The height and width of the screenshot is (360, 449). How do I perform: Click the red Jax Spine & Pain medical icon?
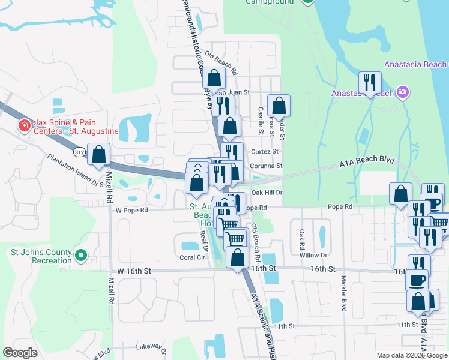click(x=25, y=126)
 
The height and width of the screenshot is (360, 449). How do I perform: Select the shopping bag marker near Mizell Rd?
click(x=99, y=154)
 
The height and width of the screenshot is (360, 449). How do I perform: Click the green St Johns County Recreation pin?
click(x=80, y=256)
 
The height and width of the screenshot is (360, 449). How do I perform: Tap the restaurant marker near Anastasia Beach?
click(x=370, y=83)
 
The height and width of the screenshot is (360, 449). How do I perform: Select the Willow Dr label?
click(x=313, y=255)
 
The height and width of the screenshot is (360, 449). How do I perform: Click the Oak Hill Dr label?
click(x=267, y=193)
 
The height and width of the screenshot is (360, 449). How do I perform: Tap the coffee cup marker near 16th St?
click(x=418, y=280)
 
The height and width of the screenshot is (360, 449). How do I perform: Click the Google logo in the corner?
click(x=20, y=353)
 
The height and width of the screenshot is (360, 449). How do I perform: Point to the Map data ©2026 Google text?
click(x=411, y=355)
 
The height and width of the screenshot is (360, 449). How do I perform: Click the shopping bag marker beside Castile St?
click(x=278, y=106)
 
